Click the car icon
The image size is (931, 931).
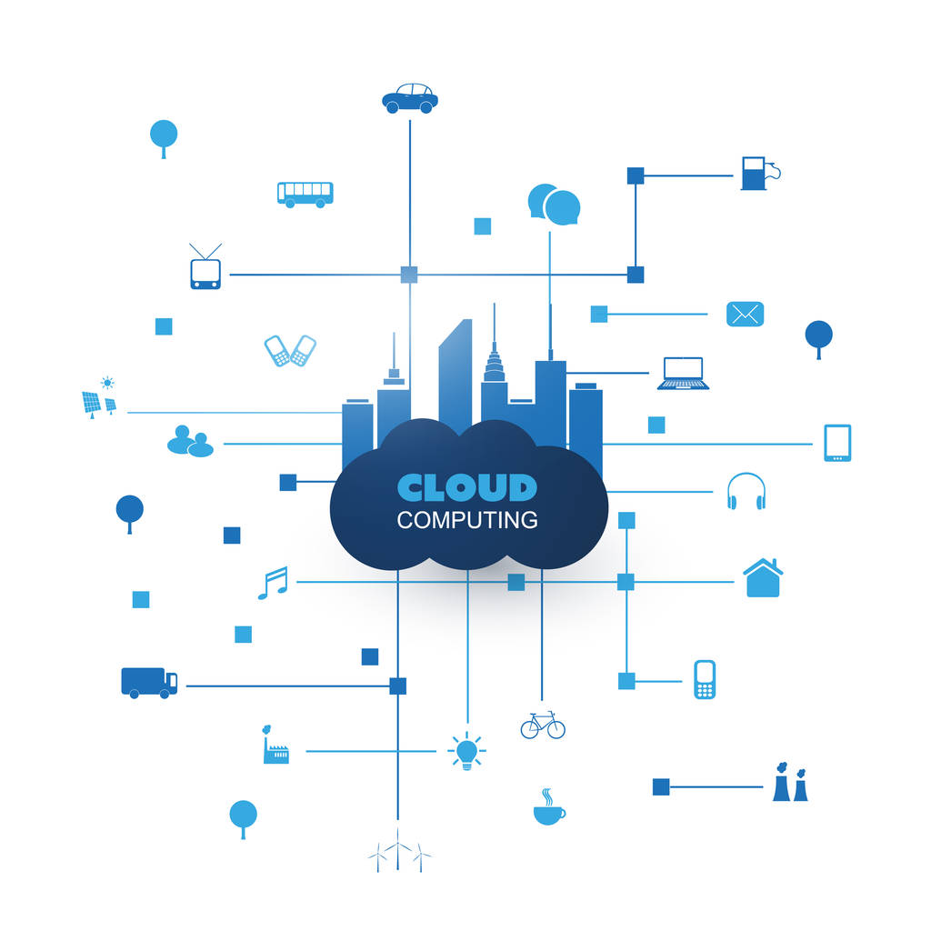[410, 98]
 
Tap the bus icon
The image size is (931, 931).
[305, 194]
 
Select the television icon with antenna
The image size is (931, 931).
[205, 271]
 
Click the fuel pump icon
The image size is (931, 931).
[757, 173]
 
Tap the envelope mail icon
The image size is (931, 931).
[745, 315]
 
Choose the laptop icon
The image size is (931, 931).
[683, 374]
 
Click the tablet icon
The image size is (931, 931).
[837, 444]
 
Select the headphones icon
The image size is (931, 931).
[746, 492]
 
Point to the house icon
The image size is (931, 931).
[763, 578]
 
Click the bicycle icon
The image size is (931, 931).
[543, 725]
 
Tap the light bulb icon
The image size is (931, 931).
[466, 752]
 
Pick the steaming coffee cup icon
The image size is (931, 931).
[548, 807]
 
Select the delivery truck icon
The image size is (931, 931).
[149, 682]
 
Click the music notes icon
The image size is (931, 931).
[273, 583]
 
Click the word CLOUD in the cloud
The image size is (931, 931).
[467, 487]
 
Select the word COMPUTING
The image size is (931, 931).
[467, 521]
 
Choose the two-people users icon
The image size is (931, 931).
[190, 442]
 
